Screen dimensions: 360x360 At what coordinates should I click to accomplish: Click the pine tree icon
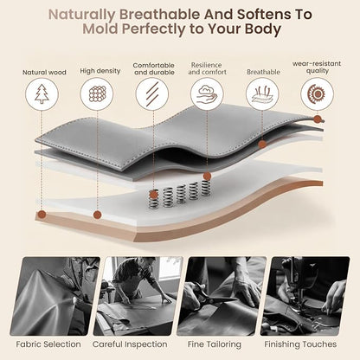point(42,94)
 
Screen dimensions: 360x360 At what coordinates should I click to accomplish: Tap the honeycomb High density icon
point(97,94)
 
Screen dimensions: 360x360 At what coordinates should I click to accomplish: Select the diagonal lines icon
point(152,94)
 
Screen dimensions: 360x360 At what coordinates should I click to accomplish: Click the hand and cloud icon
point(207,94)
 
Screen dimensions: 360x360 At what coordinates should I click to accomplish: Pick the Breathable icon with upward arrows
point(262,94)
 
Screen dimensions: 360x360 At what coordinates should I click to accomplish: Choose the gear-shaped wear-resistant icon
point(317,94)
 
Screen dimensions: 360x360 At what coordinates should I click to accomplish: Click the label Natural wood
point(44,73)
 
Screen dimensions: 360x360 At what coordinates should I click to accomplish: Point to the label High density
point(100,71)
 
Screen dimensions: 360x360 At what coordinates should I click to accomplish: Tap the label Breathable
point(263,72)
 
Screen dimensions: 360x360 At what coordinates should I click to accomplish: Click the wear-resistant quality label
point(317,67)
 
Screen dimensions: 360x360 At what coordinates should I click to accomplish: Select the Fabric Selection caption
point(48,344)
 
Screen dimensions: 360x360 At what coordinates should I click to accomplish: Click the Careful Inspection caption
point(130,344)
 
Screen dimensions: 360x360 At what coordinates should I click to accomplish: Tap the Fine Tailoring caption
point(215,344)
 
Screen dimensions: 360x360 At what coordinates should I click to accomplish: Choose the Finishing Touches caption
point(300,344)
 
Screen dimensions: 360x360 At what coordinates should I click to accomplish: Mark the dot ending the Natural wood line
point(42,215)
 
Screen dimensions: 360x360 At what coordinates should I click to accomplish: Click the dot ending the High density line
point(97,215)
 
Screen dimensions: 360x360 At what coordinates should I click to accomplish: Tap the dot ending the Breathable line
point(262,145)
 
